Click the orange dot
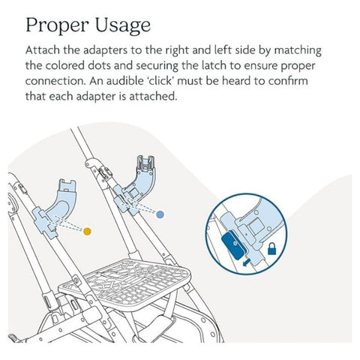tap(87, 231)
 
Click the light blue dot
tap(160, 214)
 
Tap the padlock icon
tap(271, 249)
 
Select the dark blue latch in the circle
tap(234, 244)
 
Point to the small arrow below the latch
tap(247, 262)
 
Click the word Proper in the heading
tap(57, 25)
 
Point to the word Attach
tap(43, 50)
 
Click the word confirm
tap(288, 81)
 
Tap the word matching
tap(298, 51)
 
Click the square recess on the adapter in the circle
tap(256, 226)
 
